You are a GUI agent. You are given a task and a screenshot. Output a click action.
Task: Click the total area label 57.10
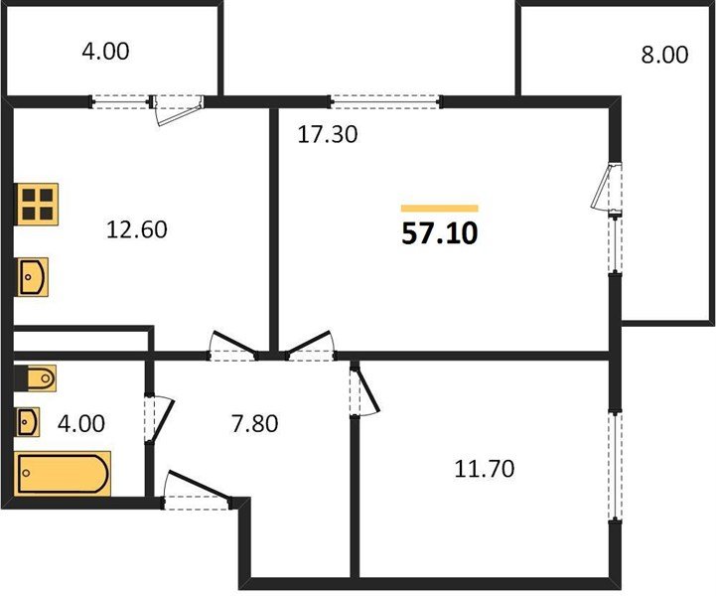pos(440,233)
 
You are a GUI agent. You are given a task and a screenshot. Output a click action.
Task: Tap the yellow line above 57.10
pos(440,209)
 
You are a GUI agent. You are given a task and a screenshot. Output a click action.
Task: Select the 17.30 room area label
pos(328,135)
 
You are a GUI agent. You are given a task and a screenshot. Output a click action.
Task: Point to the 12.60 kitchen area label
pos(136,229)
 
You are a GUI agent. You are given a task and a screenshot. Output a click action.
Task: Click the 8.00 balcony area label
pos(664,55)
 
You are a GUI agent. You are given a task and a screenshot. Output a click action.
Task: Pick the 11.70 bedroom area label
pos(484,469)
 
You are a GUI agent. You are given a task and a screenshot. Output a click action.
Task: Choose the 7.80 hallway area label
pos(255,424)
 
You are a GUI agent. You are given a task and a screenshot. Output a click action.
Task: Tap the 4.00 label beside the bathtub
pos(81,424)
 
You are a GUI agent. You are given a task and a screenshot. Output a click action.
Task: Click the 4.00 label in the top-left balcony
pos(105,51)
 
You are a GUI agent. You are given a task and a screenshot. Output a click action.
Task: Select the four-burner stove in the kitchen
pos(38,205)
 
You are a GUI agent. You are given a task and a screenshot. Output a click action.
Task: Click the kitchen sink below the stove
pos(33,277)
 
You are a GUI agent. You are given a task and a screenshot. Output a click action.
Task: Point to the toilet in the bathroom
pos(36,378)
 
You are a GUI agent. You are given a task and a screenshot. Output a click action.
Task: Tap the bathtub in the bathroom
pos(63,473)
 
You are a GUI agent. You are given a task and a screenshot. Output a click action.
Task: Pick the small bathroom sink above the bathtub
pos(28,421)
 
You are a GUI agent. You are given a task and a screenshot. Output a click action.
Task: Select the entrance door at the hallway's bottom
pos(198,490)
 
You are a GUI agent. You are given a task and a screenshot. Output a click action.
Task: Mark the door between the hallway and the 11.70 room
pos(364,389)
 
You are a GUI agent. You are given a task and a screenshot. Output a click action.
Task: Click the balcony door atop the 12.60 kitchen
pos(177,108)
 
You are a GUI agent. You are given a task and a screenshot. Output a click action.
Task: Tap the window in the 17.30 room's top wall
pos(386,101)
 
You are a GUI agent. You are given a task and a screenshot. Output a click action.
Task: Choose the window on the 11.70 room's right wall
pos(616,466)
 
